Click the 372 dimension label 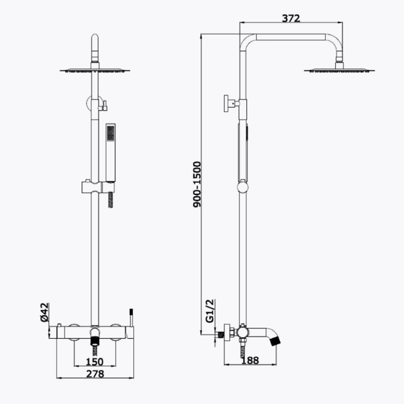click(291, 18)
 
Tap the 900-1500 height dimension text click(197, 184)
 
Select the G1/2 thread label click(210, 311)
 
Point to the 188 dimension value click(250, 360)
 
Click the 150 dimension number click(94, 362)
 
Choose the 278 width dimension click(95, 374)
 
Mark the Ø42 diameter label click(44, 312)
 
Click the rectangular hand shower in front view click(110, 153)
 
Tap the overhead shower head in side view click(339, 70)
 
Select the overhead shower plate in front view click(95, 70)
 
